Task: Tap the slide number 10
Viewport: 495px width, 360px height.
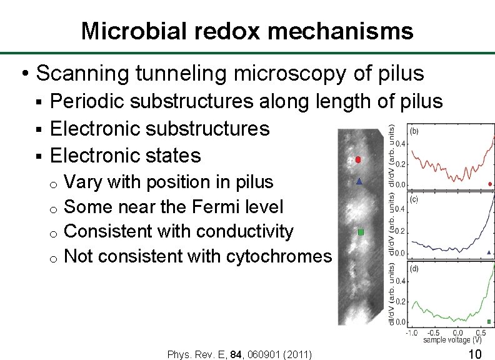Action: coord(474,354)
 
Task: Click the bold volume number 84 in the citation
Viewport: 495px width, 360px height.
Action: coord(236,355)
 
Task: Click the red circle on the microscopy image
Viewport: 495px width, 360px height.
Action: coord(358,160)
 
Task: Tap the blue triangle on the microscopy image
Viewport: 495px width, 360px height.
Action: coord(359,182)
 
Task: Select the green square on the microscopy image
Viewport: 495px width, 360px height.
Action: coord(361,232)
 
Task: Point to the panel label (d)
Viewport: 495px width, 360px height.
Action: coord(414,269)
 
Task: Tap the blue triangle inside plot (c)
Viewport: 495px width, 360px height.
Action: coord(488,252)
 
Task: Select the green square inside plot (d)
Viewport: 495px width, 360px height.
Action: coord(489,321)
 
